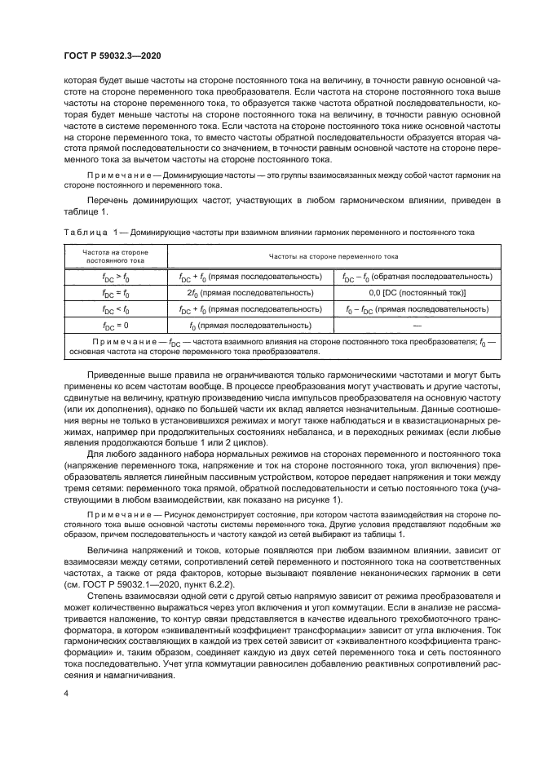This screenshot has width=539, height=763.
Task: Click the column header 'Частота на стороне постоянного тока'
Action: [114, 257]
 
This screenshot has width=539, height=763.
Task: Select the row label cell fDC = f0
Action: [114, 291]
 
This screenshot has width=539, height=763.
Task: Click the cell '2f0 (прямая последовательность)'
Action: [250, 291]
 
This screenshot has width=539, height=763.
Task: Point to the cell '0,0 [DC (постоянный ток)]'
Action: [417, 291]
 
